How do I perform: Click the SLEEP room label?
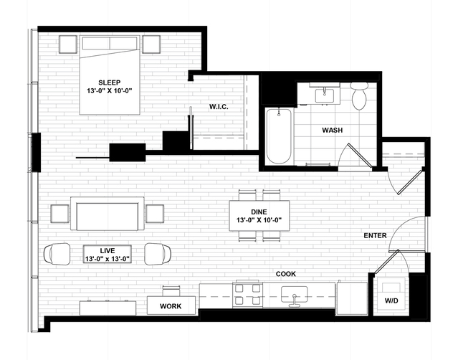tap(109, 82)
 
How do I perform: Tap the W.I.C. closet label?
tap(219, 107)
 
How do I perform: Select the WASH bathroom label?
tap(332, 130)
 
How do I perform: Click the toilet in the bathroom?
tap(359, 95)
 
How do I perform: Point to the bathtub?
tap(279, 136)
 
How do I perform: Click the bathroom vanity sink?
tap(324, 96)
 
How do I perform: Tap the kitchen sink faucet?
tap(295, 301)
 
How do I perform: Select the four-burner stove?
tap(248, 294)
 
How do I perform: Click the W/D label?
tap(391, 300)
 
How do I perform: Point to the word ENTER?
tap(375, 235)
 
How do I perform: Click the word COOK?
tap(286, 274)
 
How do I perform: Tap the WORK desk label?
tap(171, 306)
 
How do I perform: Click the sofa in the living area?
tap(108, 214)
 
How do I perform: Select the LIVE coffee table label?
tap(108, 251)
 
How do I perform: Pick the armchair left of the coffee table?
tap(57, 254)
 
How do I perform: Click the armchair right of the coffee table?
tap(158, 254)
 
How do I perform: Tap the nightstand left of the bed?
tap(68, 44)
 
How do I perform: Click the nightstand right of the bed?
tap(151, 44)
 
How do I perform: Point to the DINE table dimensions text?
tap(259, 220)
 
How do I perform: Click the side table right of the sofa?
tap(155, 214)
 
